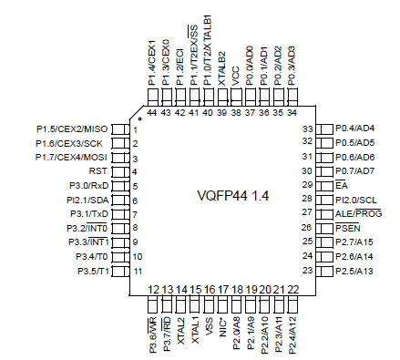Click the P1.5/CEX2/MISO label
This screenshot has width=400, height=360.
71,129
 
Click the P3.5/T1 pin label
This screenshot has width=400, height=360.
92,272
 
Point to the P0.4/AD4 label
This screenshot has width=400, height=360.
354,129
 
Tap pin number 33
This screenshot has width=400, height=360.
307,129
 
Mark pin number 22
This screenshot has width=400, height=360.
292,289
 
